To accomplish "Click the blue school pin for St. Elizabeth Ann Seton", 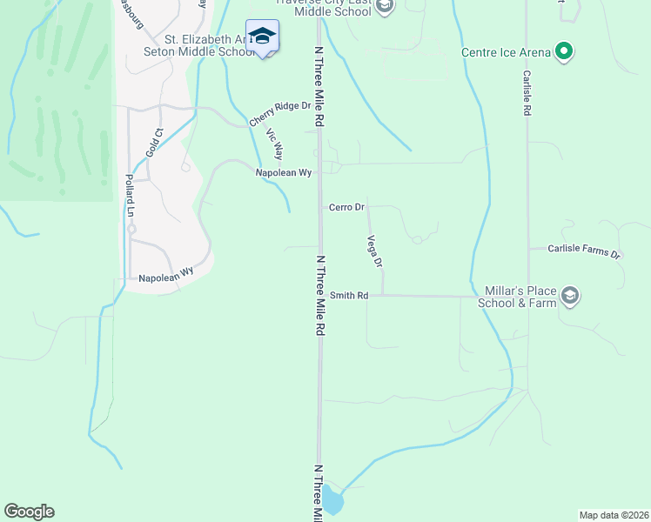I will tap(262, 37).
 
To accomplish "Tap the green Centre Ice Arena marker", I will tap(564, 52).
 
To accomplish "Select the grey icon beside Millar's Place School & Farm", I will tap(570, 296).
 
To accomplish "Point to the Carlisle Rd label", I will tap(527, 94).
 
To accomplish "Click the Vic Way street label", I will tap(274, 144).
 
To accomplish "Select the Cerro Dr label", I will tap(346, 207).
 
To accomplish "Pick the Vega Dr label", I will tap(375, 251).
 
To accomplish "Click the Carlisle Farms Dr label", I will tap(585, 251).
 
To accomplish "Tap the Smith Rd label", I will tap(349, 296).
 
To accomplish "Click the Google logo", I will tap(29, 512).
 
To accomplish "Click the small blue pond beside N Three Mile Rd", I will tap(332, 500).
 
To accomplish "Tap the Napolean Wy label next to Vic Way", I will tap(284, 173).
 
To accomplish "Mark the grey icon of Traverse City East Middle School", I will tap(386, 6).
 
